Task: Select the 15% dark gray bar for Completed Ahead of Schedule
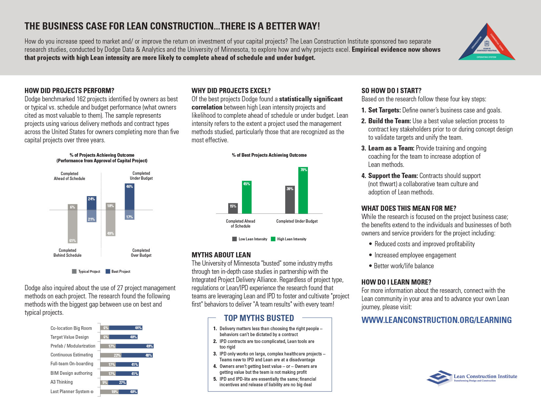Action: pyautogui.click(x=233, y=209)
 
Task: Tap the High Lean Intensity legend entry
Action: pyautogui.click(x=289, y=239)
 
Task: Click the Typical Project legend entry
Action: pyautogui.click(x=86, y=271)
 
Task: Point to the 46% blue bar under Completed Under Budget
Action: pyautogui.click(x=130, y=197)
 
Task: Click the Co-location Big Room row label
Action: pyautogui.click(x=71, y=328)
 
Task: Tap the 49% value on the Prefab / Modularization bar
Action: pyautogui.click(x=149, y=346)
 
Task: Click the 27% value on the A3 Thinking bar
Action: pyautogui.click(x=122, y=383)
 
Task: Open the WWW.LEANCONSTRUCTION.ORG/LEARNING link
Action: pyautogui.click(x=436, y=320)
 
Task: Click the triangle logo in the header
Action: pyautogui.click(x=487, y=43)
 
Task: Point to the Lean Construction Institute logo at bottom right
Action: pyautogui.click(x=472, y=378)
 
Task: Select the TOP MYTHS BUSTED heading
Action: pyautogui.click(x=259, y=318)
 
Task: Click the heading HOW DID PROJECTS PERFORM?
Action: pyautogui.click(x=70, y=91)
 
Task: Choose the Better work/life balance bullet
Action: pyautogui.click(x=404, y=266)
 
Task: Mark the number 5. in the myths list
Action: pyautogui.click(x=215, y=379)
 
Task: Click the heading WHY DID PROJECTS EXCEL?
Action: pyautogui.click(x=231, y=91)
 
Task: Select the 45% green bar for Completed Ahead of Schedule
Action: pyautogui.click(x=247, y=197)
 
